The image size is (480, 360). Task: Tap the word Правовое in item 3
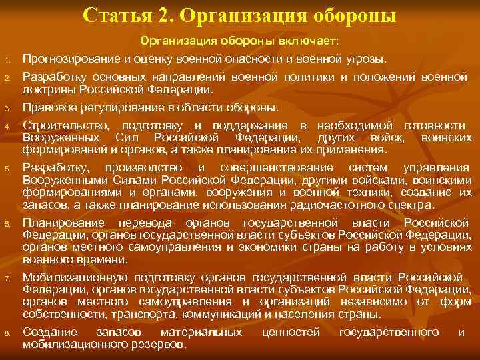[x=47, y=108]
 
